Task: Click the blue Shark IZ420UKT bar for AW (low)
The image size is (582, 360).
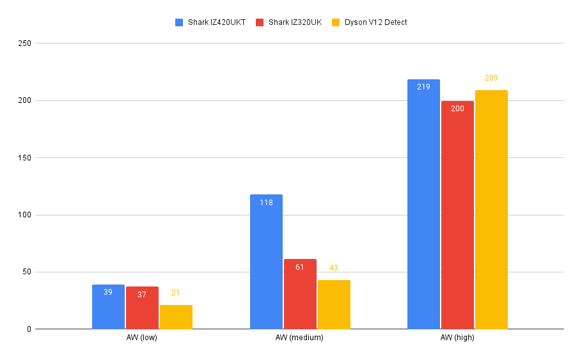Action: (x=108, y=307)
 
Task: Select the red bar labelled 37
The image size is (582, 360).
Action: (x=142, y=308)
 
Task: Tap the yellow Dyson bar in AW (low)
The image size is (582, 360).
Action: (x=176, y=317)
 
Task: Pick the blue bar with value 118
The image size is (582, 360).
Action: (x=266, y=262)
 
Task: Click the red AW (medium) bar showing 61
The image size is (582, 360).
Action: (x=300, y=294)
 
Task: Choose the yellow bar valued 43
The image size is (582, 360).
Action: (x=334, y=305)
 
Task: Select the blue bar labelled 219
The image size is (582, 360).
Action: (x=423, y=204)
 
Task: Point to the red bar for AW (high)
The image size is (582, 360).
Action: (x=457, y=215)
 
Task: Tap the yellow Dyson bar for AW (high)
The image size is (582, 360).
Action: (x=491, y=210)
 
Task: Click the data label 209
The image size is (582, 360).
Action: (x=491, y=78)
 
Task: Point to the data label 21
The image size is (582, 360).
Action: (x=176, y=293)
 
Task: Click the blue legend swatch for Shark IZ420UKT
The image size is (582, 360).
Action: (x=179, y=22)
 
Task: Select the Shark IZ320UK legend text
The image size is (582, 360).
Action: (x=295, y=22)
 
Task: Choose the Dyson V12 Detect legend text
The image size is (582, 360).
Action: (x=375, y=22)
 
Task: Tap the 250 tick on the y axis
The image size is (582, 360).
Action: (x=24, y=43)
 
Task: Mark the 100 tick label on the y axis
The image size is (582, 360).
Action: (x=24, y=215)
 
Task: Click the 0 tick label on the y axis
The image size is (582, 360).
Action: (x=29, y=329)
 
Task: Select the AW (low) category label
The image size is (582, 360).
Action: (x=142, y=338)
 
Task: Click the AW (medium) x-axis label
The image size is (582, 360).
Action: (x=299, y=338)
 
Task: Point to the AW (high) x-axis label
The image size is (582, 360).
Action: (x=457, y=338)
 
